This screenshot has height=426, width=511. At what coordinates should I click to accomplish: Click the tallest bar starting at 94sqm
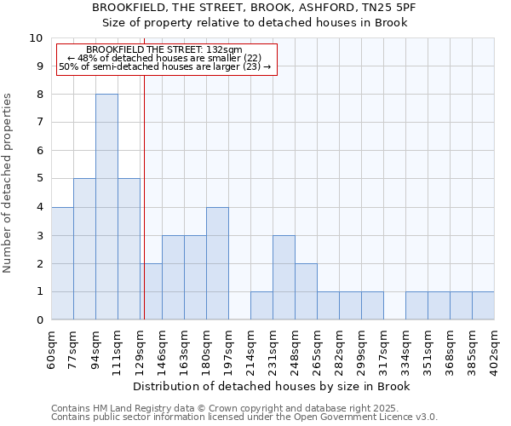(106, 207)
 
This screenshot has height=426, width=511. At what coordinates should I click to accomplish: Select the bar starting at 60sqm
(62, 263)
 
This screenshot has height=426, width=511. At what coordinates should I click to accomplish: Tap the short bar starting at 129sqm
(151, 291)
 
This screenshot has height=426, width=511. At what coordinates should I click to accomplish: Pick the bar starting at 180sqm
(217, 263)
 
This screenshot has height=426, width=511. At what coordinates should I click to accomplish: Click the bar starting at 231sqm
(284, 278)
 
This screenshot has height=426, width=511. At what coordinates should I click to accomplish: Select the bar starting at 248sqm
(306, 291)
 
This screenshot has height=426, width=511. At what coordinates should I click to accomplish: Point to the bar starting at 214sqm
(261, 306)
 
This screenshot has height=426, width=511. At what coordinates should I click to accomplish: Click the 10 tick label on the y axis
(35, 38)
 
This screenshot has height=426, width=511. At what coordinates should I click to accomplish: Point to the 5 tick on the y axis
(39, 179)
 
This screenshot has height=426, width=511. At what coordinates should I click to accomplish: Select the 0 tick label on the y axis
(39, 319)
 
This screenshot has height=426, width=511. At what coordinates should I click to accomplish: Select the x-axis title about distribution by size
(273, 386)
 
